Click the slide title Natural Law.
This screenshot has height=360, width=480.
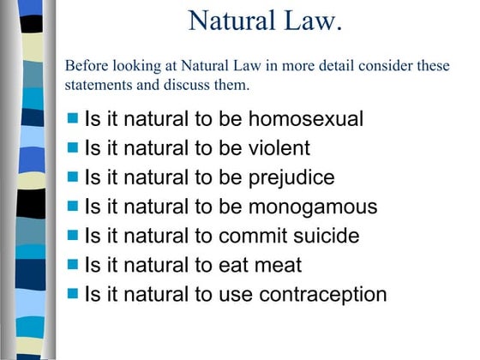point(265,19)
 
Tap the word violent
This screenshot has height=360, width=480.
point(279,147)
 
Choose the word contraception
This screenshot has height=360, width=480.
point(326,294)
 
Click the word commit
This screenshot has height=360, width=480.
point(250,236)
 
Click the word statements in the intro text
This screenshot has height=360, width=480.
point(99,85)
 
